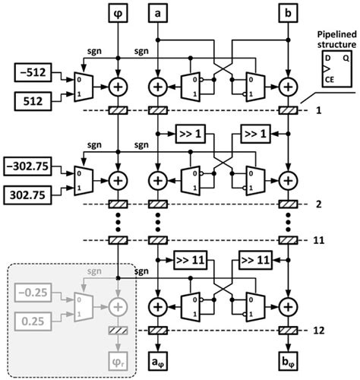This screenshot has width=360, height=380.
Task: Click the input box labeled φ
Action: pos(118,13)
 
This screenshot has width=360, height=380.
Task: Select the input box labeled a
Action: pos(157,13)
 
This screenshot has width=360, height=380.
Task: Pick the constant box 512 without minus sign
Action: pos(31,99)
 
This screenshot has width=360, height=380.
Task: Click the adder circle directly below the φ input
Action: pos(118,86)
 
